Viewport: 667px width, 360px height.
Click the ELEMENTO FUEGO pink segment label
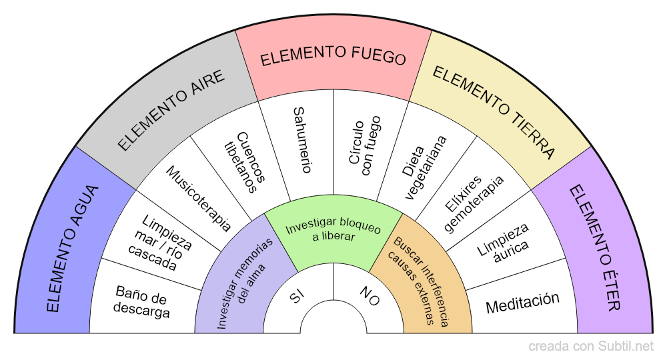(333, 57)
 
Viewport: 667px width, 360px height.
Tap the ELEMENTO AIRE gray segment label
(171, 111)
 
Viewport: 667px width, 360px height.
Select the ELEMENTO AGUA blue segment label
(73, 249)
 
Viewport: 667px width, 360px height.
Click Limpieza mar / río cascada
(160, 244)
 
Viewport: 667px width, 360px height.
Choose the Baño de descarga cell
(141, 302)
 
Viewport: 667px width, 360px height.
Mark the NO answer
(369, 296)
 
